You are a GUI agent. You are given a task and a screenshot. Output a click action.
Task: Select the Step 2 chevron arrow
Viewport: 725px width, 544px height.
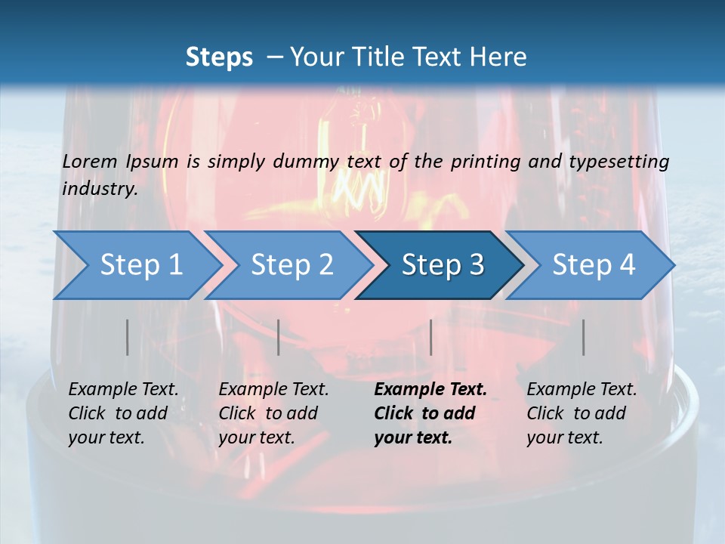(x=290, y=265)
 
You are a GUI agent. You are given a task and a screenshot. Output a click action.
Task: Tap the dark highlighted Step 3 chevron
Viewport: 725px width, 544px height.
(x=441, y=265)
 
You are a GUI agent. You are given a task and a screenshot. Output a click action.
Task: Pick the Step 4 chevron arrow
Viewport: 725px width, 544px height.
(x=592, y=265)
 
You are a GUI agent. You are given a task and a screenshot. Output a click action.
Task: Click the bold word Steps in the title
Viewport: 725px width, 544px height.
(x=219, y=57)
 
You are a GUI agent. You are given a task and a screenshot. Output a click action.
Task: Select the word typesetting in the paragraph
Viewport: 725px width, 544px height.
(x=626, y=161)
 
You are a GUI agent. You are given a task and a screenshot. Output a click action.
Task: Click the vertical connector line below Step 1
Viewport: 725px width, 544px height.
(x=127, y=337)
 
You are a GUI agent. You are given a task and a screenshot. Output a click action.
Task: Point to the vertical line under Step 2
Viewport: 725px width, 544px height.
(x=279, y=337)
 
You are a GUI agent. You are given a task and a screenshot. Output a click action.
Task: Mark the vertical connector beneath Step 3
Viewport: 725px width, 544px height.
(x=430, y=337)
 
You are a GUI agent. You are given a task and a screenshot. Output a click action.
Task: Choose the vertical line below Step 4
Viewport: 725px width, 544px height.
(x=583, y=337)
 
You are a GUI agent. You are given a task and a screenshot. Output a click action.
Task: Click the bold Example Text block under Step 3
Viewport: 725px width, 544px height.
(x=430, y=413)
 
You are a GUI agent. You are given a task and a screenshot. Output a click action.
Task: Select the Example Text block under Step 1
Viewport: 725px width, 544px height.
(x=123, y=413)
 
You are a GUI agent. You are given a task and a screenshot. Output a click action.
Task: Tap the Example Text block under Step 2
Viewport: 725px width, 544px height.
(x=273, y=413)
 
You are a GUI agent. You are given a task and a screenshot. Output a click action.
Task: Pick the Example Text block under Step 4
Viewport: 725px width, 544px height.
(x=582, y=413)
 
